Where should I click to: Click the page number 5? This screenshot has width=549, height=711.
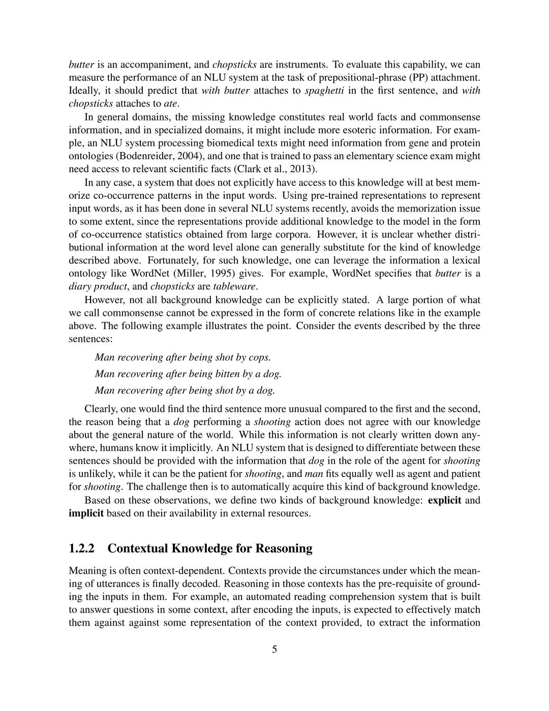coord(274,649)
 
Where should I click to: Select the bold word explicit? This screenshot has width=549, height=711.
coord(445,500)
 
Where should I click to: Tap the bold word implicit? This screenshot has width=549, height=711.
coord(86,513)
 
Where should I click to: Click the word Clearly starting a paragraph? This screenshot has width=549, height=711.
coord(100,409)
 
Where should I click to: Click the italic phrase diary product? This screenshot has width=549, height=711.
coord(98,286)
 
